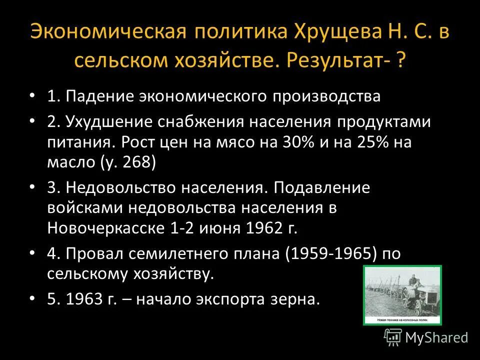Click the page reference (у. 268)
point(128,161)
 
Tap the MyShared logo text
point(436,337)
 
